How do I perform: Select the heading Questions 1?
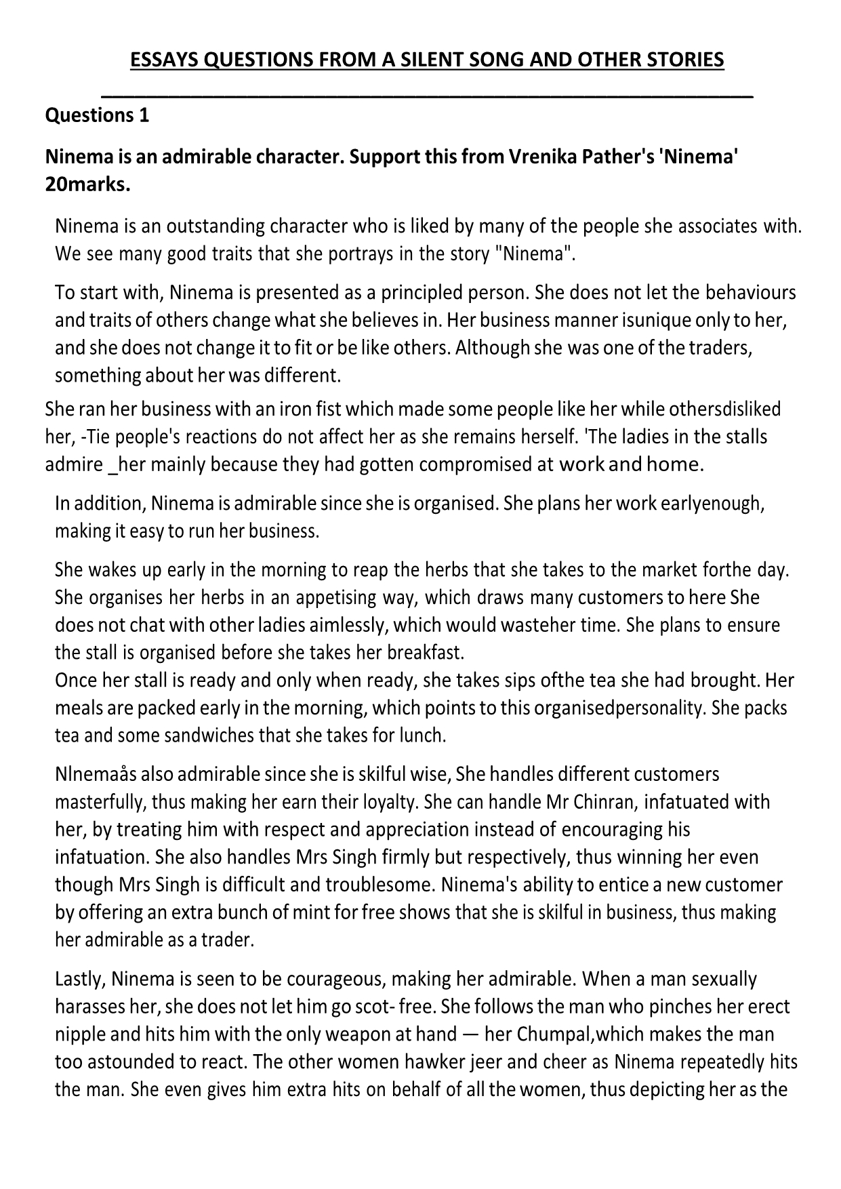point(97,115)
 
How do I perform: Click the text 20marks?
point(87,184)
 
